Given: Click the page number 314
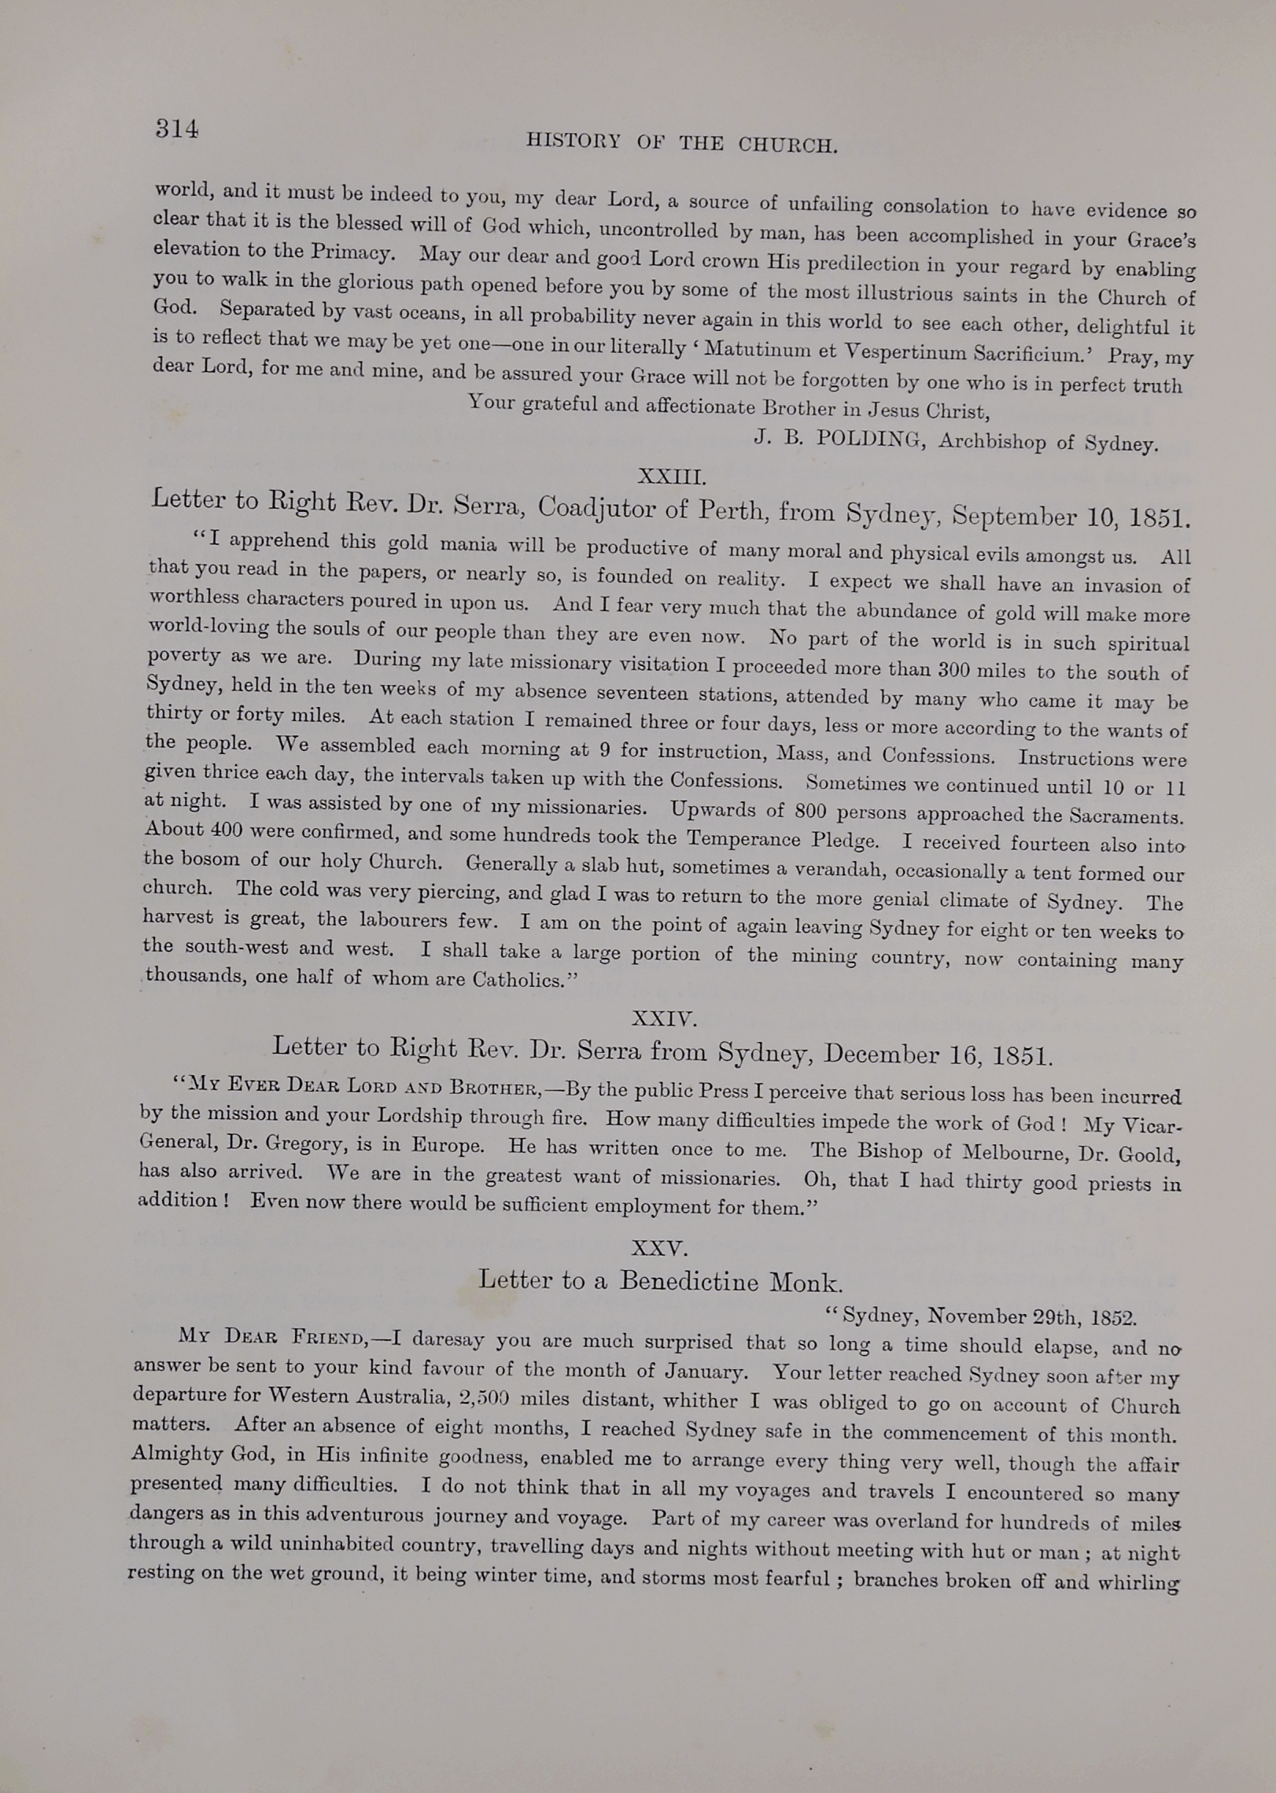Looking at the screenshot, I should click(x=176, y=128).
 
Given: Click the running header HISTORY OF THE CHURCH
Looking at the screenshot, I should click(x=681, y=142).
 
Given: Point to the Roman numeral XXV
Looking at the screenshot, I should click(x=660, y=1248).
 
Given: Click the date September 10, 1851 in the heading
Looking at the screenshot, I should click(x=1071, y=517).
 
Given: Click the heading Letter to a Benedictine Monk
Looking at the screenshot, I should click(x=660, y=1281).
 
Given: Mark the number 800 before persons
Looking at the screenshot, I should click(x=809, y=811).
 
